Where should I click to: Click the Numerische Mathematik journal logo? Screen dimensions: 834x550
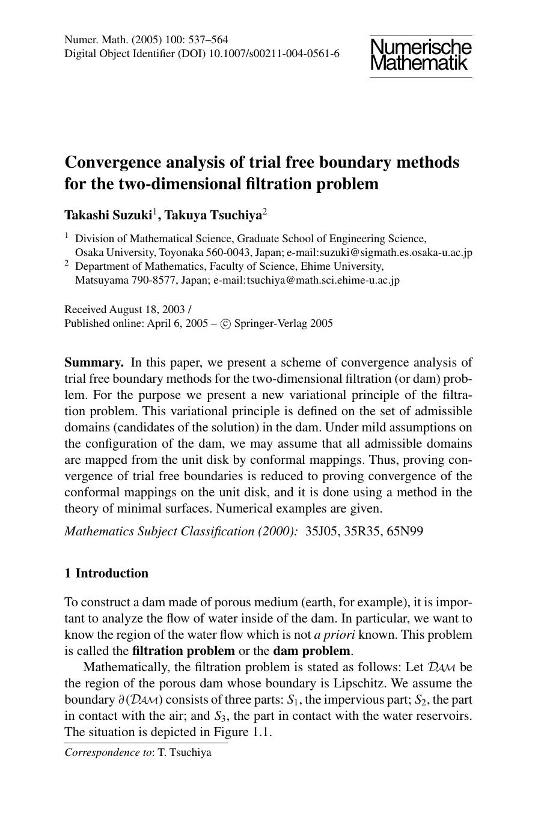click(421, 55)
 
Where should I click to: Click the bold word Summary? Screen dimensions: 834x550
click(94, 362)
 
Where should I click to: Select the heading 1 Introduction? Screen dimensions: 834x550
click(106, 573)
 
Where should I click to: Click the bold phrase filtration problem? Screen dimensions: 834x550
click(183, 651)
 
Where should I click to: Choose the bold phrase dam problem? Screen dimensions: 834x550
click(311, 651)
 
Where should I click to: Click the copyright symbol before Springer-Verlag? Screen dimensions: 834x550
click(225, 324)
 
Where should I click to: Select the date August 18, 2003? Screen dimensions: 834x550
click(147, 310)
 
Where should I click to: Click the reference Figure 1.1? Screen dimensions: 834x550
click(246, 732)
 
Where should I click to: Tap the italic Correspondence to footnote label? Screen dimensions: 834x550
click(109, 752)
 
